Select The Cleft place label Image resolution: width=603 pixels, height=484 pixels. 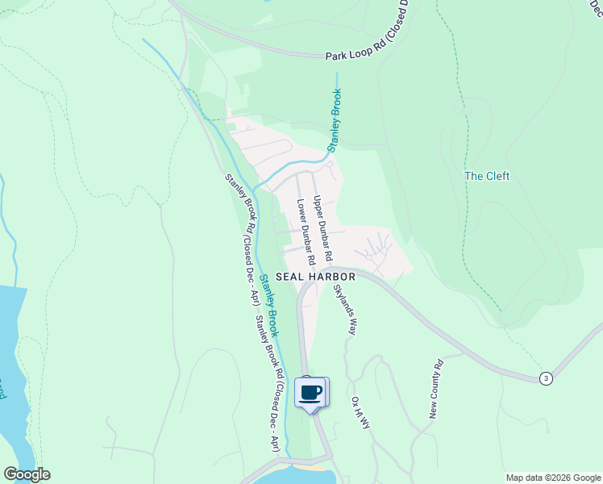[487, 176]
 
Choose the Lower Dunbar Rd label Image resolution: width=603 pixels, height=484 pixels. [305, 233]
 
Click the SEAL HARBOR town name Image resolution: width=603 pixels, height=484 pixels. [315, 276]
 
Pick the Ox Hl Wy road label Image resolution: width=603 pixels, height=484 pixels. [360, 411]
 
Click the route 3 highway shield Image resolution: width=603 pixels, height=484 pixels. [547, 378]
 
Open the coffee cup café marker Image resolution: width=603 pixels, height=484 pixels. [311, 393]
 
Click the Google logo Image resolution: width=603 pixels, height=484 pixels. [27, 474]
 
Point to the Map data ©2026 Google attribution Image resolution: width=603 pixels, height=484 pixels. [552, 478]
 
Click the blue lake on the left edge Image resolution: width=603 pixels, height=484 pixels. [11, 363]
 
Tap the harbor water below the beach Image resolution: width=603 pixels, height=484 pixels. [298, 478]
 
